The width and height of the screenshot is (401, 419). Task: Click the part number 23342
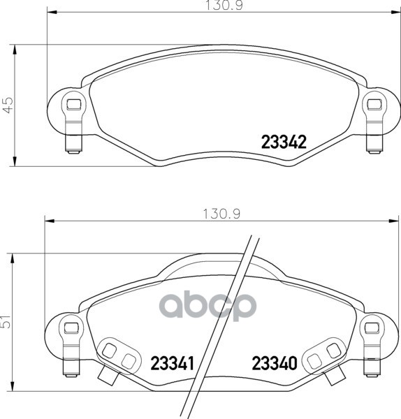(x=284, y=142)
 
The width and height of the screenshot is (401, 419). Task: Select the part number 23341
(x=173, y=363)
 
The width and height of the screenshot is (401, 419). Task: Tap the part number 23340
(x=275, y=363)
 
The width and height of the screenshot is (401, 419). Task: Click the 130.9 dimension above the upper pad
(x=224, y=6)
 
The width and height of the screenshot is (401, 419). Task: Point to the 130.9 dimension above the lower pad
(x=222, y=214)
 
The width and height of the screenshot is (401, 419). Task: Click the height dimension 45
(x=8, y=105)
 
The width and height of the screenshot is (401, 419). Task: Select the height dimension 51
(x=6, y=322)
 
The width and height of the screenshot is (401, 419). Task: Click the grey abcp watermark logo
(x=208, y=306)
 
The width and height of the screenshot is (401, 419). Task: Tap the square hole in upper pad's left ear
(x=74, y=104)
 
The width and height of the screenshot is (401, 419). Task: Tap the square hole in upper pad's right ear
(x=374, y=104)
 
